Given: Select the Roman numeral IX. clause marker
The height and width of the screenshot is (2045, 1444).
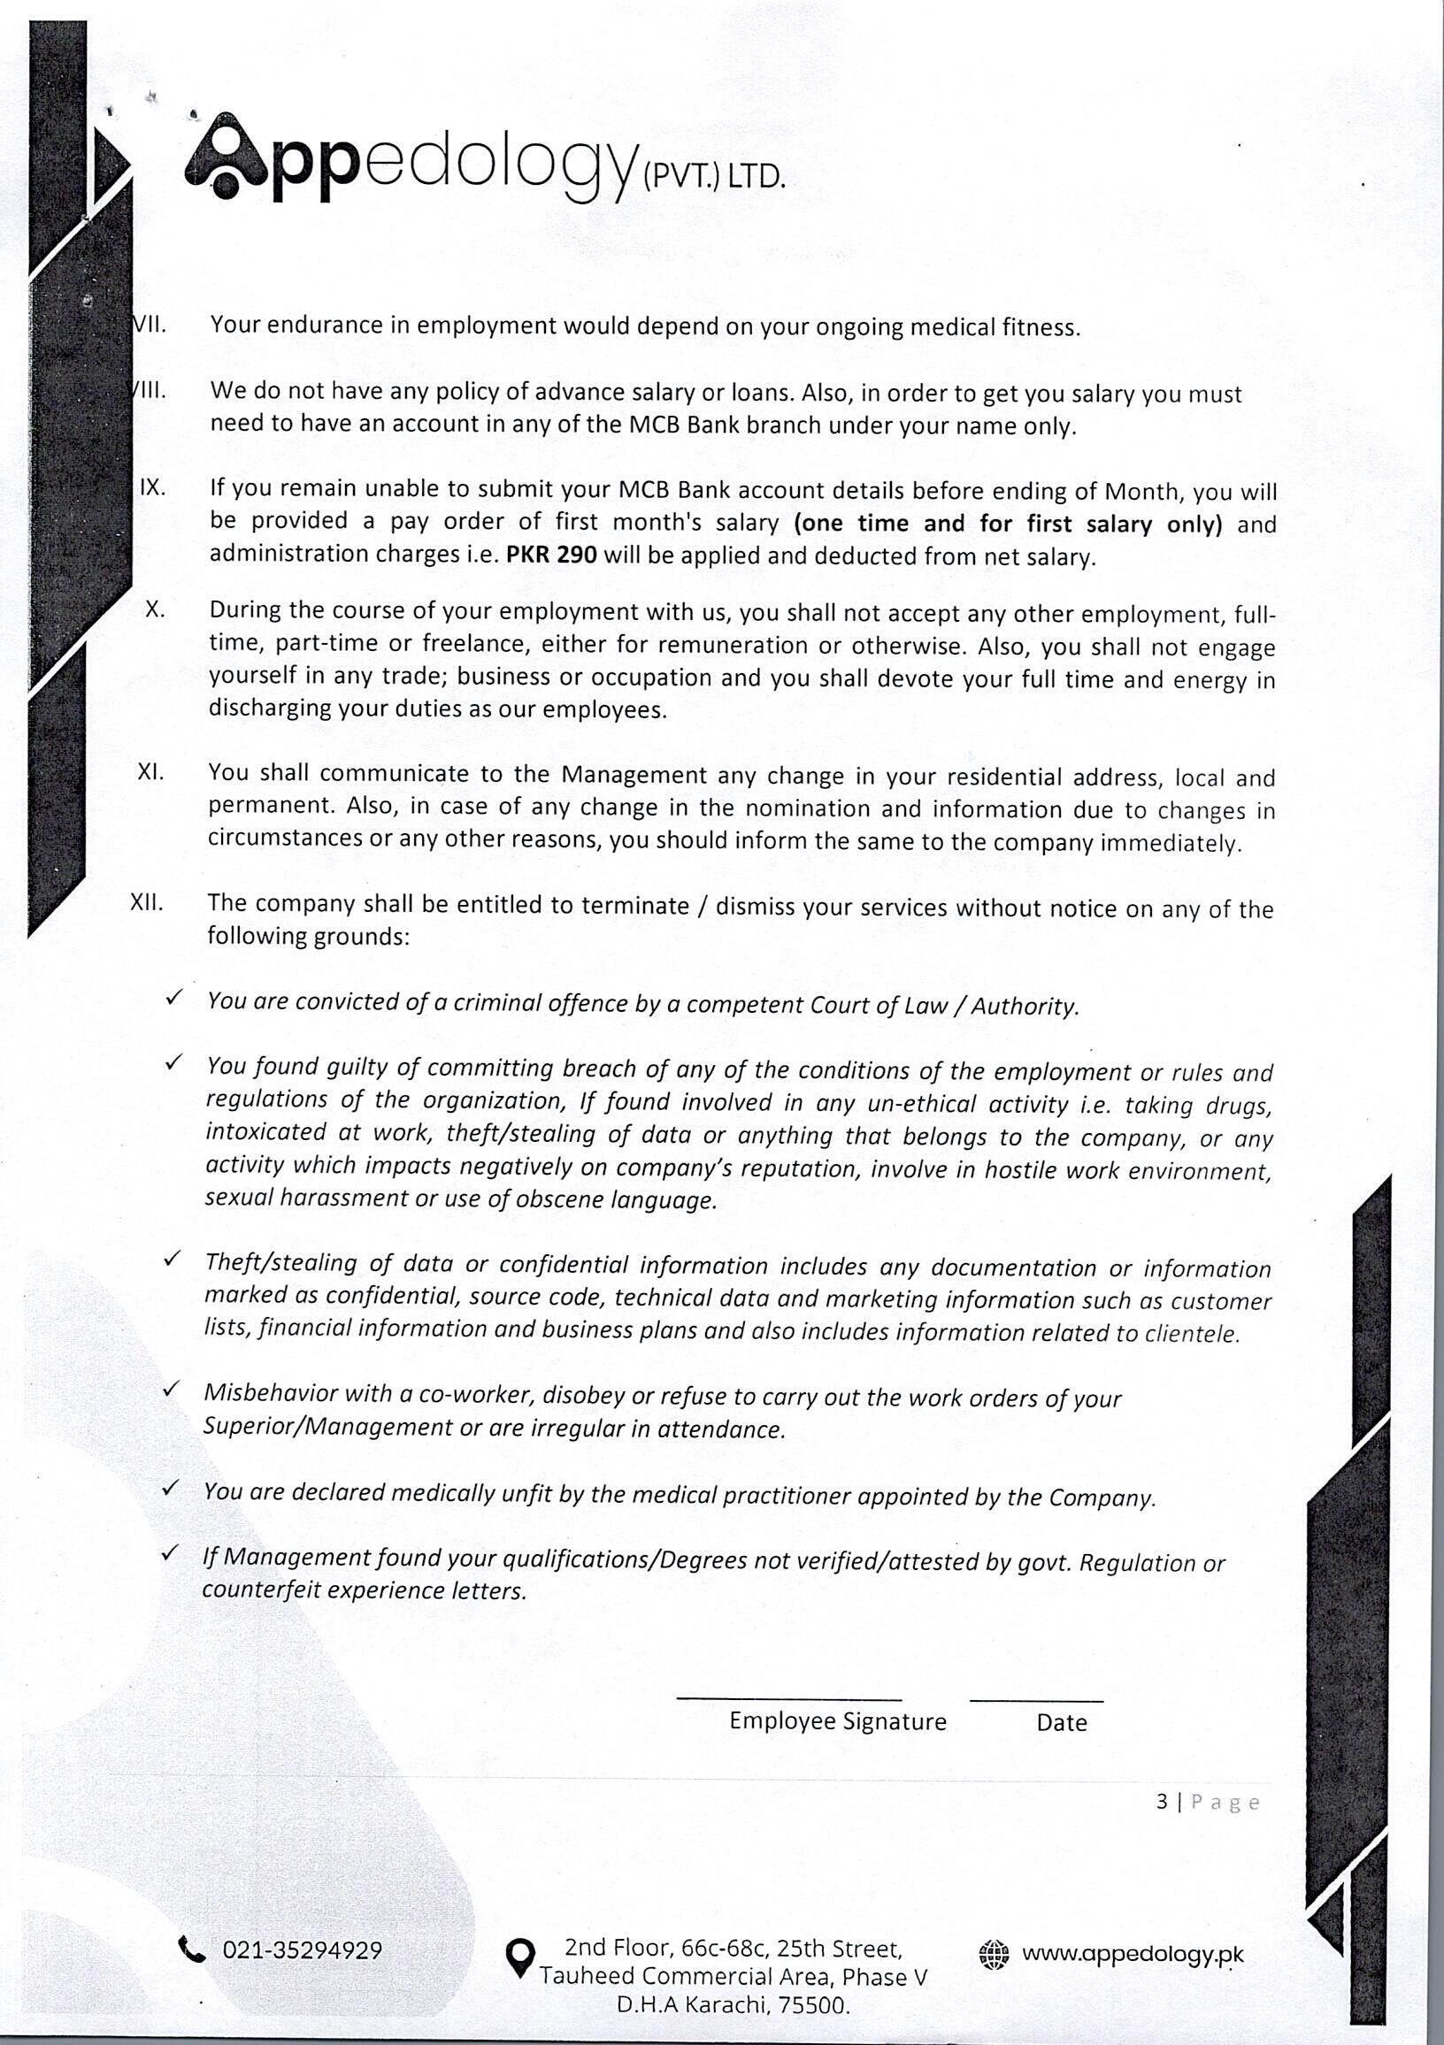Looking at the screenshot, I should (x=152, y=487).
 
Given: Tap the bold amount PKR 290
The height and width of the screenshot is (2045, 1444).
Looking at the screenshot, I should (x=551, y=555).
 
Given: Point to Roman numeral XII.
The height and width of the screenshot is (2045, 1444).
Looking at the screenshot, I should (x=147, y=902).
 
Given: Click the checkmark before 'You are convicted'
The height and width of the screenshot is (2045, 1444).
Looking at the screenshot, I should (x=173, y=997).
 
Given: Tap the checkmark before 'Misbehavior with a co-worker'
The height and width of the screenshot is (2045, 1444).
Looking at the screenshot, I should (x=171, y=1390).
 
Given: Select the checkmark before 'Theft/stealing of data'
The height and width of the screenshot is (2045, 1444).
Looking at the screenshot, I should (x=172, y=1259).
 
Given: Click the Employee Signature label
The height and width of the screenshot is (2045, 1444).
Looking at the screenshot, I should (x=837, y=1720).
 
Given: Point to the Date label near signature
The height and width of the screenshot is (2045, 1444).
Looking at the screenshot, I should (x=1061, y=1722).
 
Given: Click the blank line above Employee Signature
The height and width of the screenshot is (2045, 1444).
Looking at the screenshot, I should (x=788, y=1697).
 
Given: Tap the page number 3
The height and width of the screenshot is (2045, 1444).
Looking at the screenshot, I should (x=1162, y=1802).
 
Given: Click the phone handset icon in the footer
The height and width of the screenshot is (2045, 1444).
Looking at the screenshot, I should (x=191, y=1949).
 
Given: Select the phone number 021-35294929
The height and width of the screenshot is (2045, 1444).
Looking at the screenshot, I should (x=302, y=1950).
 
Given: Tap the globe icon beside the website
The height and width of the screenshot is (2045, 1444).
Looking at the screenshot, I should (x=994, y=1954).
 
